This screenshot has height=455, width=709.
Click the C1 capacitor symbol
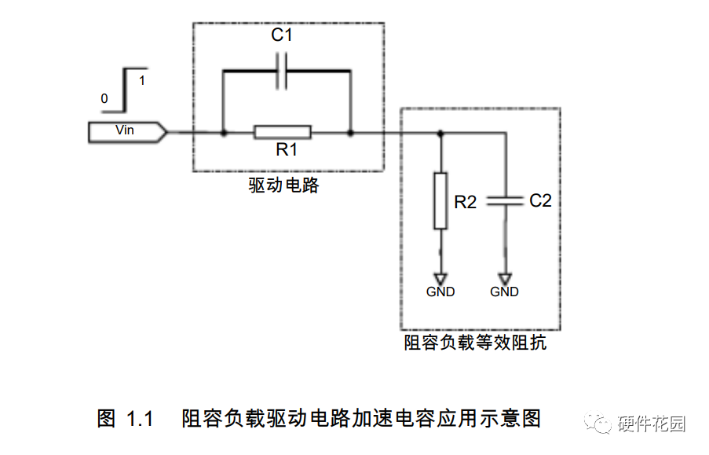click(286, 72)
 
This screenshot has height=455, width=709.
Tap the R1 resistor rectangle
click(283, 133)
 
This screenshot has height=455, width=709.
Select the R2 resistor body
click(440, 200)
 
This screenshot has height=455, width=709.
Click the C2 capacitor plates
click(505, 201)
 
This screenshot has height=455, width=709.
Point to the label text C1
click(281, 36)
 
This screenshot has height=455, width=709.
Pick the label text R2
click(466, 202)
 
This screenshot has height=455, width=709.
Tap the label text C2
click(540, 201)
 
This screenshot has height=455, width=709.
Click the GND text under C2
click(504, 292)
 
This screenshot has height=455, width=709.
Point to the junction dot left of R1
click(224, 133)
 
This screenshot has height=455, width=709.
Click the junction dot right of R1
click(350, 133)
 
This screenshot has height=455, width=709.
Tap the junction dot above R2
click(440, 133)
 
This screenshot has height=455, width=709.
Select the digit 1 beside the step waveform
click(141, 80)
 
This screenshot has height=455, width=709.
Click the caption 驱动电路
click(284, 186)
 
